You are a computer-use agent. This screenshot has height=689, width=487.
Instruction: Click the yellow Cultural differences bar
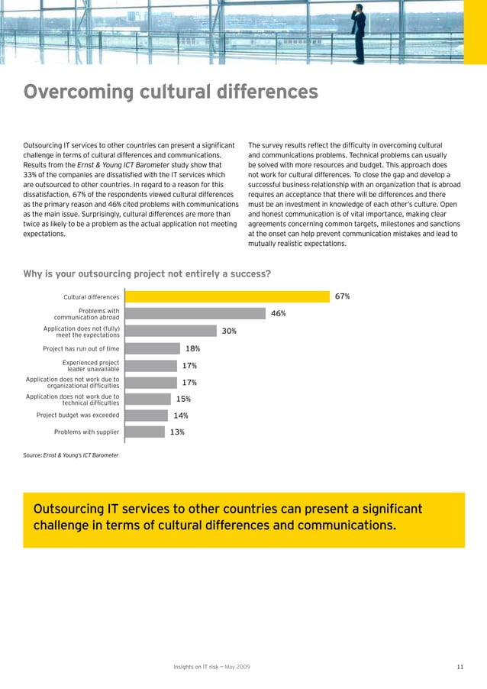[227, 296]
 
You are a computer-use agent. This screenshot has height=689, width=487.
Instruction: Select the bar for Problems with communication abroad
[194, 313]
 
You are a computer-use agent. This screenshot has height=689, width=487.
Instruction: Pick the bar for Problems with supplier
[144, 432]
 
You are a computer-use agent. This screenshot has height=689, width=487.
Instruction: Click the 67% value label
[342, 296]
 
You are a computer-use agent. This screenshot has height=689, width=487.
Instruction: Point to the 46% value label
[278, 313]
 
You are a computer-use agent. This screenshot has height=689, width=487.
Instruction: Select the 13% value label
[177, 432]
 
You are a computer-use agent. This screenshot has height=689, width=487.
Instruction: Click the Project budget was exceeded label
[77, 416]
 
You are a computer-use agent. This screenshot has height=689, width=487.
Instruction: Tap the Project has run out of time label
[81, 348]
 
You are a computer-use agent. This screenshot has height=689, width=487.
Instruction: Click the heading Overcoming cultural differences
[170, 92]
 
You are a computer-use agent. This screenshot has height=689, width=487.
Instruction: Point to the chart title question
[147, 273]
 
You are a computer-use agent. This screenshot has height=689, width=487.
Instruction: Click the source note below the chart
[71, 455]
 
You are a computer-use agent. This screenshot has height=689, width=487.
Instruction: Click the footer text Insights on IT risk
[211, 668]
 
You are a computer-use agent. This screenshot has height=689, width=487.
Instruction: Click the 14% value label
[181, 416]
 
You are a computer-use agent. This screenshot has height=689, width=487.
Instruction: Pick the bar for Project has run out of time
[152, 348]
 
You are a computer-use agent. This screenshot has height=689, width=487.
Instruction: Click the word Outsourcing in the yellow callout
[69, 509]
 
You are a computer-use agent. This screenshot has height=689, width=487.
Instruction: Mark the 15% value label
[183, 399]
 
